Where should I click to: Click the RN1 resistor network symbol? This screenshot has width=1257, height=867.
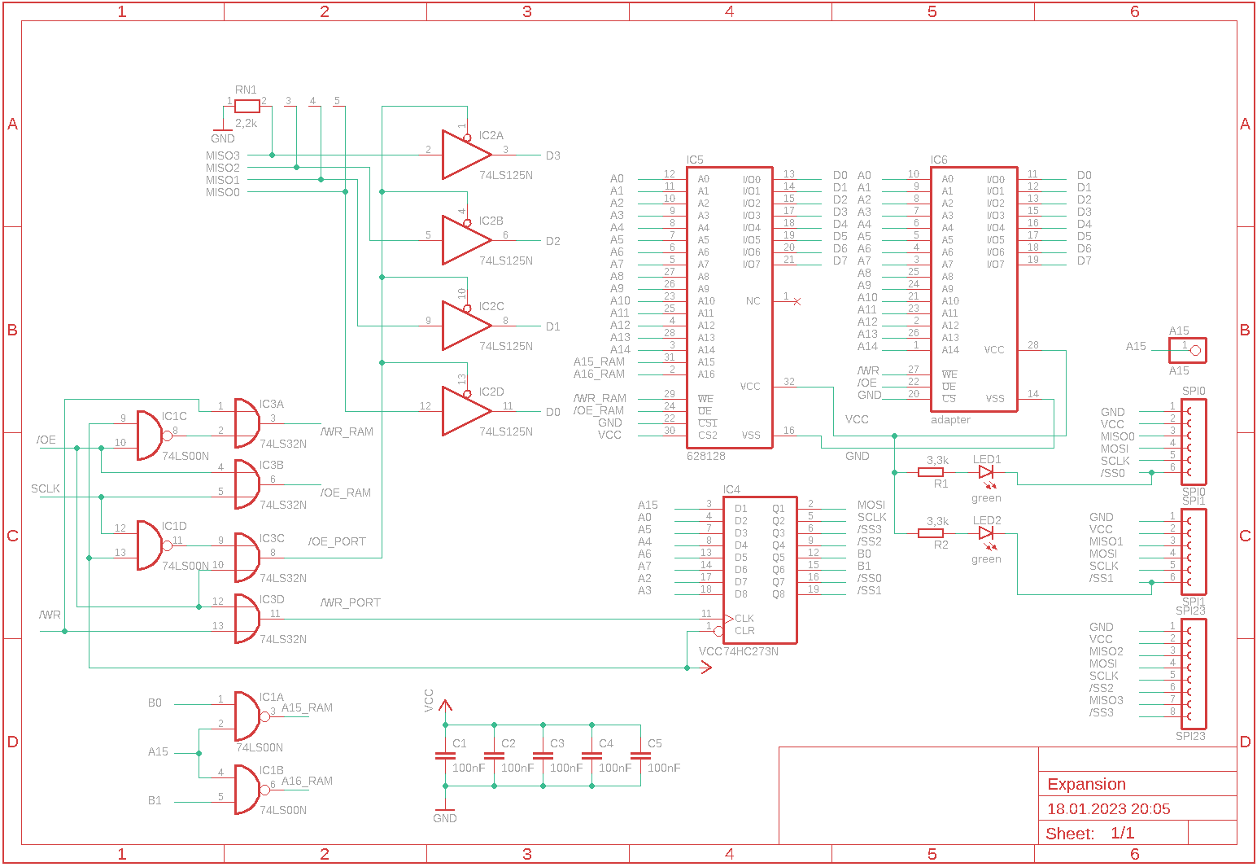(247, 106)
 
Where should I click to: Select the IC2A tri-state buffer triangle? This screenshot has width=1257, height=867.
(464, 155)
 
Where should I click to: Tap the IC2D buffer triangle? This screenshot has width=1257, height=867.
(464, 410)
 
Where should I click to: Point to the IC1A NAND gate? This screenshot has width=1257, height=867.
(247, 716)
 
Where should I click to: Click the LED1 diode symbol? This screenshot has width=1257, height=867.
(986, 472)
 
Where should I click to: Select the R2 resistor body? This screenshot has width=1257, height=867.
(931, 533)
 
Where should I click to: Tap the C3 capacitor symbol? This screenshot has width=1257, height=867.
(543, 755)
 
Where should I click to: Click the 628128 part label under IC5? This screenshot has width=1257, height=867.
(705, 457)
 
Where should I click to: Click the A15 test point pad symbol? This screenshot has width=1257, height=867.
(1194, 351)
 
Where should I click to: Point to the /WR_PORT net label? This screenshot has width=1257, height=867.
(351, 603)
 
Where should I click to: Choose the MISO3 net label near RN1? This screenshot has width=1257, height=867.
(223, 155)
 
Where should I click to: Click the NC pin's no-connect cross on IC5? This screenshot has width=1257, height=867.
(797, 301)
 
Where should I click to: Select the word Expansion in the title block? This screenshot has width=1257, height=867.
(1086, 785)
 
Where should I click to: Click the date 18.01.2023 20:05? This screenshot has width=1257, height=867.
(1108, 809)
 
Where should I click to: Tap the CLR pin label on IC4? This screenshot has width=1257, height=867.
(744, 631)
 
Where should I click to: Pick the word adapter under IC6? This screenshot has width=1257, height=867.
(950, 420)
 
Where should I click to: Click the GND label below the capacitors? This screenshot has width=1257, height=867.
(445, 819)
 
